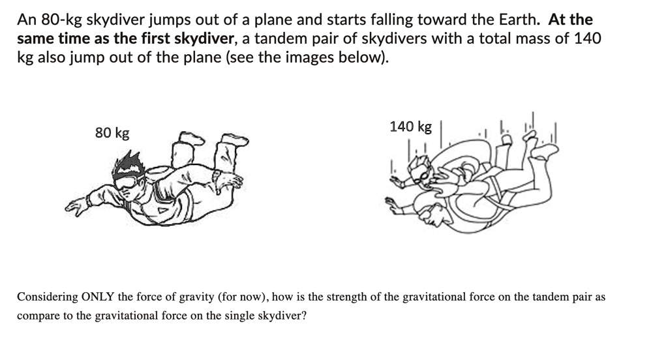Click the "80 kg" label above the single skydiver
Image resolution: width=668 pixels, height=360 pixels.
pos(112,133)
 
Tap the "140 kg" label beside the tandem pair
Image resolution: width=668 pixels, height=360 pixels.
pos(410,127)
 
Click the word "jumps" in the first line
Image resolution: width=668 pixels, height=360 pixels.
pos(170,20)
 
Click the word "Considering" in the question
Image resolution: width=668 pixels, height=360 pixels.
pos(47,297)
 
